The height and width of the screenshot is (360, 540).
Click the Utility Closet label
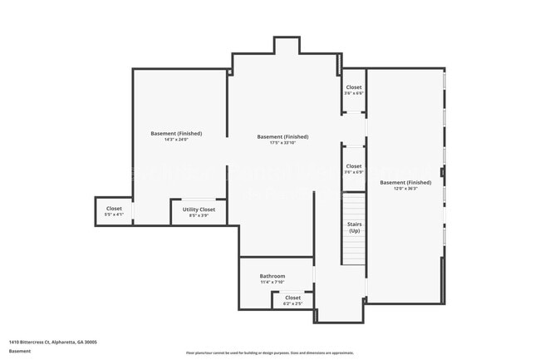[x=199, y=210]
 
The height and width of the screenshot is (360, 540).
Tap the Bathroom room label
[x=272, y=276]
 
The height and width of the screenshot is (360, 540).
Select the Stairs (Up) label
[x=354, y=227]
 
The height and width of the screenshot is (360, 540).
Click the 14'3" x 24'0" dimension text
[x=176, y=140]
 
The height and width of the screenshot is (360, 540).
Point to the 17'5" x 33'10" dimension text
[x=283, y=143]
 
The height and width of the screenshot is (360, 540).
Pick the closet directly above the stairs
[x=354, y=169]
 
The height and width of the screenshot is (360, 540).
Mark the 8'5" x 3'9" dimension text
[x=199, y=215]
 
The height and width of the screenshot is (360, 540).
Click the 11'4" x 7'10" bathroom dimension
[x=272, y=282]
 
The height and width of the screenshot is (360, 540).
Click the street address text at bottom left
[x=53, y=341]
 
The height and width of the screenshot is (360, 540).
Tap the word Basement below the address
[x=20, y=351]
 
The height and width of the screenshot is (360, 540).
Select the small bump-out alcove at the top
[x=287, y=46]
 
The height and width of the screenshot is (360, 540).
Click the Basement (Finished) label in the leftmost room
[x=176, y=133]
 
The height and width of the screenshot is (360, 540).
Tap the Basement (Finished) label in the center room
[x=283, y=136]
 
